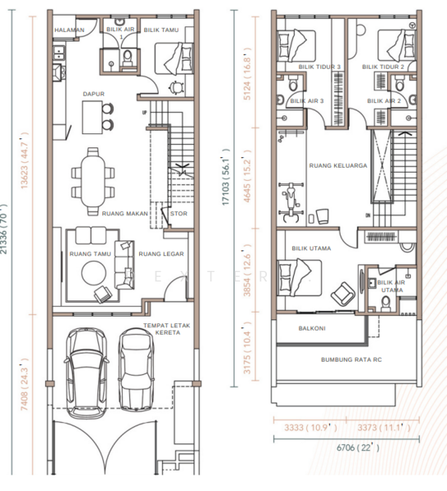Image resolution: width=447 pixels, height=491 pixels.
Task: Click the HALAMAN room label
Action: [70, 30]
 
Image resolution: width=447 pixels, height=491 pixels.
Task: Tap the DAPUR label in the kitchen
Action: [93, 94]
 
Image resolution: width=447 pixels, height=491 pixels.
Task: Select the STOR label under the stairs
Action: [178, 214]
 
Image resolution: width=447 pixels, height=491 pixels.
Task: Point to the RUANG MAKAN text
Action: [124, 214]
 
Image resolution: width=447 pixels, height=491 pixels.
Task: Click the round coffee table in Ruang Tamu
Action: [93, 273]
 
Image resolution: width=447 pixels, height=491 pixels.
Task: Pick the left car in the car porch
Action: [87, 373]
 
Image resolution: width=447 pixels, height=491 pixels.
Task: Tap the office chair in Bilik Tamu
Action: [176, 88]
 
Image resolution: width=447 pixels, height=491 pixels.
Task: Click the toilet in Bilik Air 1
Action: [127, 58]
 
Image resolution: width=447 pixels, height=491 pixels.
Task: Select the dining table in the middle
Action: [93, 181]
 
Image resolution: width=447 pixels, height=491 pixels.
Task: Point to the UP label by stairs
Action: [144, 112]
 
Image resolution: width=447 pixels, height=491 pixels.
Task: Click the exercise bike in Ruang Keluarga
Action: [291, 202]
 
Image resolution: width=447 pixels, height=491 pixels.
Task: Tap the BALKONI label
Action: [312, 328]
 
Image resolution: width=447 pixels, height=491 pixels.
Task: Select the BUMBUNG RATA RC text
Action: [351, 360]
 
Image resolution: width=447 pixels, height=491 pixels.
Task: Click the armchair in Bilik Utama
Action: [343, 294]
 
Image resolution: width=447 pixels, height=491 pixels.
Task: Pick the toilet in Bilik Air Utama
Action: [386, 304]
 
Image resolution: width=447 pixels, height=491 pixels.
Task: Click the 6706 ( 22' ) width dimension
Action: [358, 448]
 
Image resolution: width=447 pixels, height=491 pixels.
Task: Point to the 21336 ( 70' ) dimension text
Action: [3, 229]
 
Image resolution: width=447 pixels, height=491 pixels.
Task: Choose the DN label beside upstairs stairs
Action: [368, 215]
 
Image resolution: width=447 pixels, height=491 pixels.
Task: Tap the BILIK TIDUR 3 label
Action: [319, 67]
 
